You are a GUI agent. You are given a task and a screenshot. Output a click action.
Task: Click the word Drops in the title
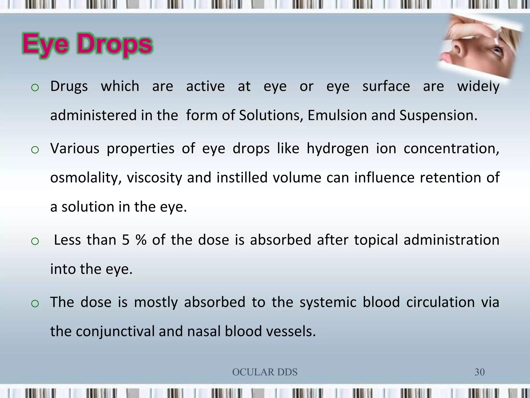(x=115, y=45)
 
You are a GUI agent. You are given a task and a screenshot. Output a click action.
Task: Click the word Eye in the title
(x=46, y=45)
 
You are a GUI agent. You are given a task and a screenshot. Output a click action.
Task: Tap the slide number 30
(x=479, y=372)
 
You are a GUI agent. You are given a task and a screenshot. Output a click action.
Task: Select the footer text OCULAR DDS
(x=265, y=372)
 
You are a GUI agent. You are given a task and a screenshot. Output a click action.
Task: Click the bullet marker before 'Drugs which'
(x=35, y=88)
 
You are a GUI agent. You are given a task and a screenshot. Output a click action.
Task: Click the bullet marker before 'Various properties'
(x=35, y=150)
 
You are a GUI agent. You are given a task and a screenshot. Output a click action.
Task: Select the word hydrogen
(x=338, y=149)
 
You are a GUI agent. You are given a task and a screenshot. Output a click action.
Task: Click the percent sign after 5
(x=141, y=240)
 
